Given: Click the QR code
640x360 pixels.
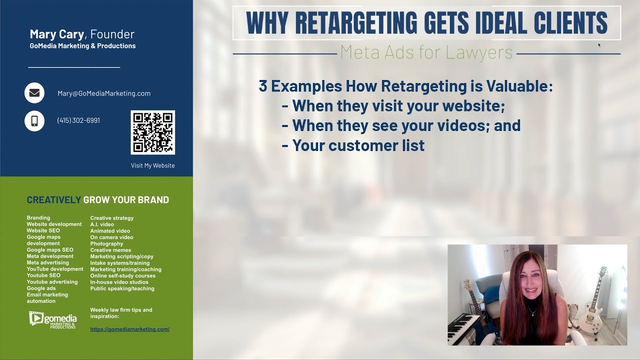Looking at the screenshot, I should [152, 132].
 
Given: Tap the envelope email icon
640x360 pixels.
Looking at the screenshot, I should [34, 93].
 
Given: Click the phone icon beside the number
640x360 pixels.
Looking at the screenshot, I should [34, 120].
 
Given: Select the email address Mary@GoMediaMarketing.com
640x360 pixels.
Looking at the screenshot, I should [104, 93].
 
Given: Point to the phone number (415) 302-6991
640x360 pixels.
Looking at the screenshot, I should [78, 120].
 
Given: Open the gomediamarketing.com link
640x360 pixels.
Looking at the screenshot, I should [129, 329].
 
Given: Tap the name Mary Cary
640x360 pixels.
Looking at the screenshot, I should [57, 34].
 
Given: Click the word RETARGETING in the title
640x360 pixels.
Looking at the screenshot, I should [356, 22].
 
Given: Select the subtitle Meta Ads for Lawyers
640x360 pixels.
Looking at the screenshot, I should [426, 52].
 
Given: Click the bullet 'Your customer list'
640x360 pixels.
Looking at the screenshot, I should [358, 145].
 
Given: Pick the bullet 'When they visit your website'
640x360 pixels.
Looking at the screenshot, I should [398, 106].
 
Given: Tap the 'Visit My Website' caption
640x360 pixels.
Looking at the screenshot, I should [152, 165].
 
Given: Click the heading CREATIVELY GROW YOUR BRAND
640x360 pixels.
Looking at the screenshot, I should [98, 200].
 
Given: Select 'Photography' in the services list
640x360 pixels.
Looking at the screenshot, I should [106, 243].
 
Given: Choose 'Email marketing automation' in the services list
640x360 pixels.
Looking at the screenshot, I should [47, 298].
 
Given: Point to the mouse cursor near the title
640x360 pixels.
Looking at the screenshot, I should [599, 45].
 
